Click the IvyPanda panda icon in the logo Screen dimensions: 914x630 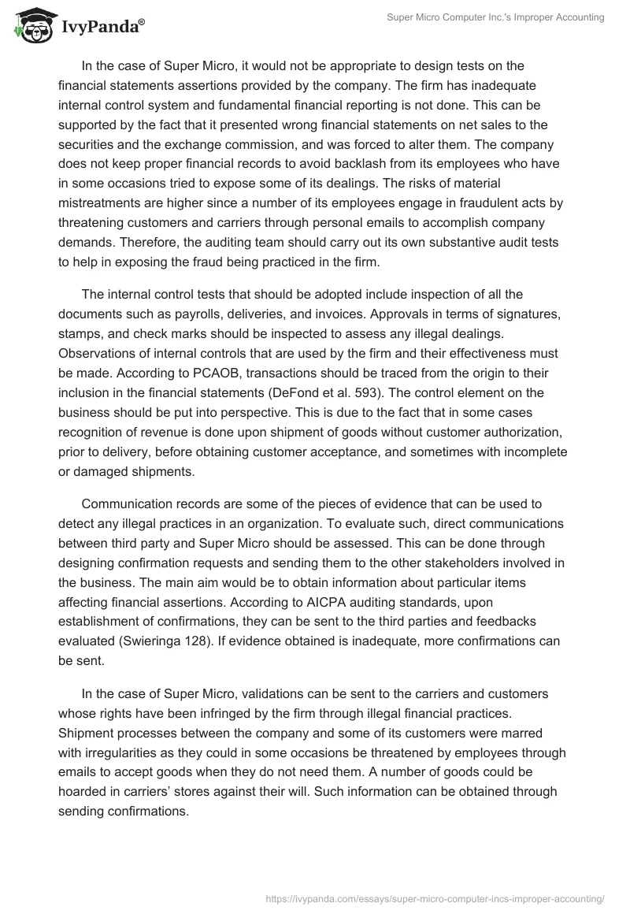(x=30, y=28)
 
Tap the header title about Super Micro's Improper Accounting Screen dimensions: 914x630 (x=495, y=18)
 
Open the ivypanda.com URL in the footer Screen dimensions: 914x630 (x=436, y=897)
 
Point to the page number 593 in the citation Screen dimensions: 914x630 (x=435, y=392)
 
